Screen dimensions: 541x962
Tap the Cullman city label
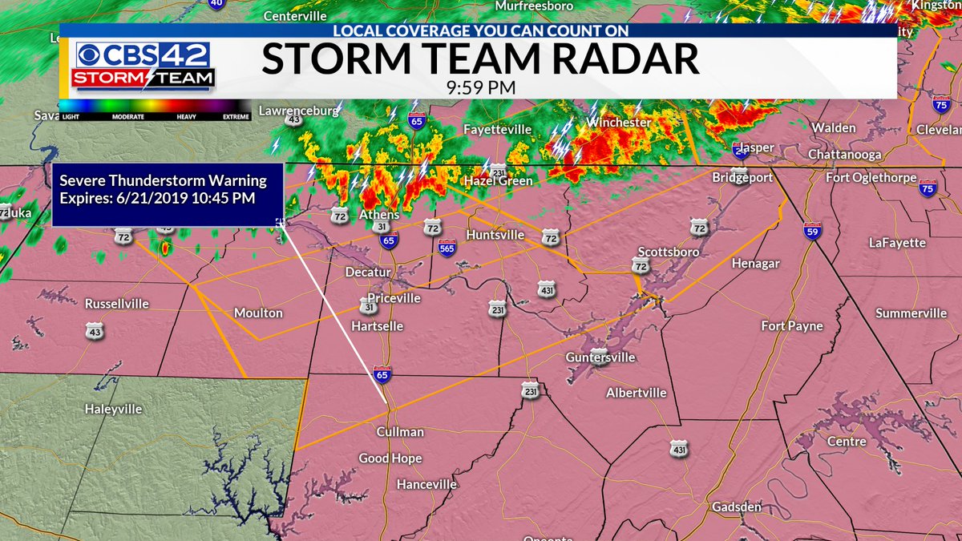pos(400,432)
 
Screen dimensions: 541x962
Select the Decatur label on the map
pos(368,272)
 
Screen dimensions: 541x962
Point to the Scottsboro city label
pos(669,252)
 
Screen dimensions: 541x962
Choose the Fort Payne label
pos(792,325)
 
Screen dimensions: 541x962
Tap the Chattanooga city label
pos(845,154)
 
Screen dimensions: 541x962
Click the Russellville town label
pos(118,305)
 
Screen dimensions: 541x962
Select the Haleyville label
pos(113,409)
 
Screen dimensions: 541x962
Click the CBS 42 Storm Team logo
pos(145,66)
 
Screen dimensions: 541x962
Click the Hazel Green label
pos(498,181)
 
